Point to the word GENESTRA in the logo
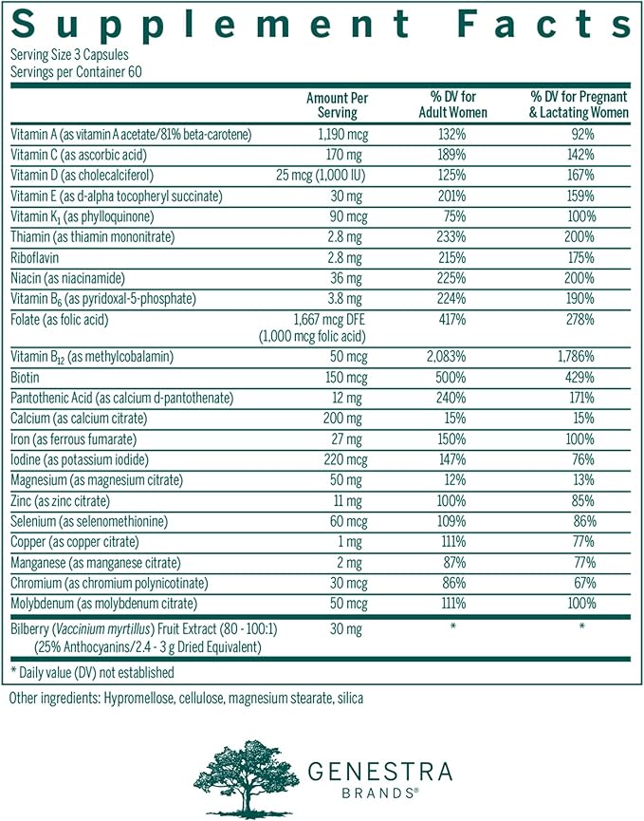(379, 770)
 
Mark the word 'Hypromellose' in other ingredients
(135, 699)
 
